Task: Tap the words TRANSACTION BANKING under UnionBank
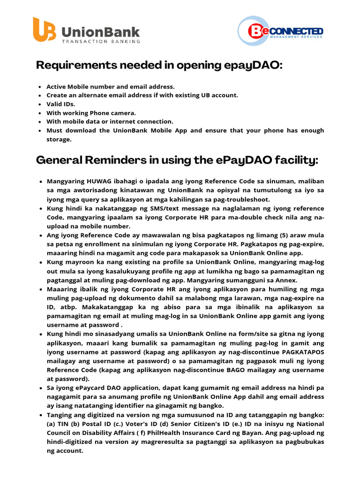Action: pyautogui.click(x=101, y=41)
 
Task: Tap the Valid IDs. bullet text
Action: pyautogui.click(x=60, y=104)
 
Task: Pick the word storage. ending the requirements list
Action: pyautogui.click(x=59, y=139)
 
